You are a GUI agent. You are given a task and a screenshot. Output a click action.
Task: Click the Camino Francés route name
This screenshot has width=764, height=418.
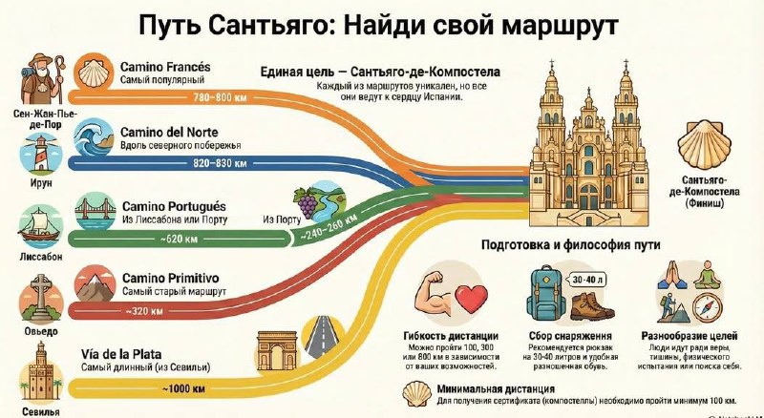(x=165, y=68)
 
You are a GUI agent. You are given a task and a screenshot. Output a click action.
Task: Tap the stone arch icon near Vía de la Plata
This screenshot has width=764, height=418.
(x=278, y=351)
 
